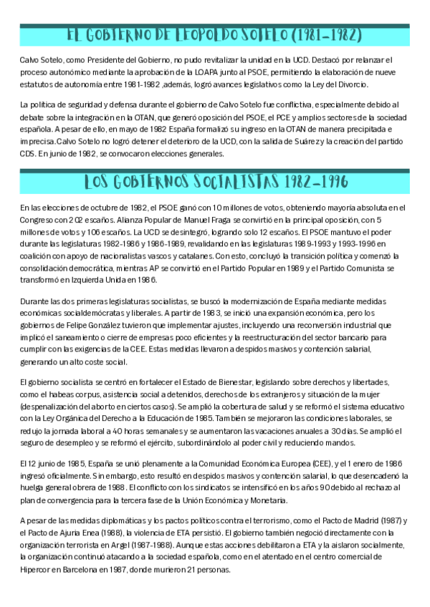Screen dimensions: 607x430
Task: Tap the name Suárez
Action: click(305, 141)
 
